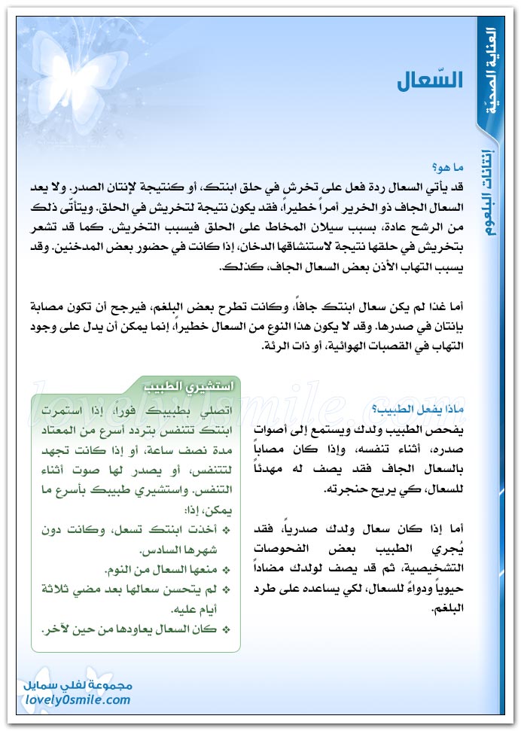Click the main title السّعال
pos(431,82)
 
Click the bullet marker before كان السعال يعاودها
pos(226,629)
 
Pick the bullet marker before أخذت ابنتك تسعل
pos(226,531)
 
